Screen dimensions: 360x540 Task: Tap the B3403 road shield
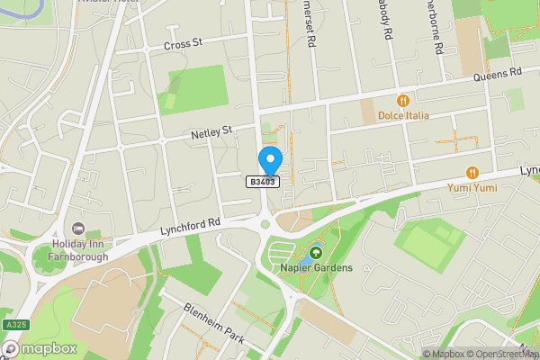click(264, 182)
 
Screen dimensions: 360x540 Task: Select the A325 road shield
click(12, 324)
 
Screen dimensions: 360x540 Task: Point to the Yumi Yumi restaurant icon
click(472, 173)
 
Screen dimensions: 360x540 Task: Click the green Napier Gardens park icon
click(315, 254)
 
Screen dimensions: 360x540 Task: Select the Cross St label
click(183, 44)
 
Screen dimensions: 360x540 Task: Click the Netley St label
click(211, 132)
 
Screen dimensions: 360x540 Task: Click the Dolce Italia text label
click(403, 115)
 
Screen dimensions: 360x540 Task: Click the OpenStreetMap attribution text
click(505, 354)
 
